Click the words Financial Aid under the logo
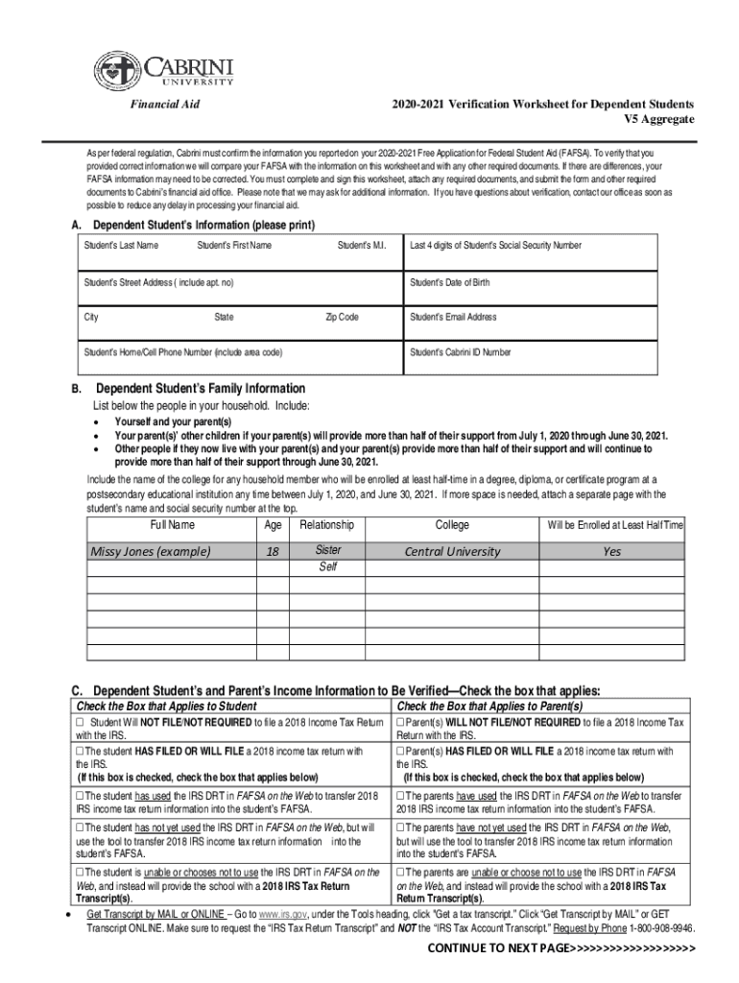[164, 104]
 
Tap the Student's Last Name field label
[122, 246]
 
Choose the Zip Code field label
[342, 317]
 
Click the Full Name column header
[173, 525]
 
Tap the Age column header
[273, 525]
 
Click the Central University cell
[452, 551]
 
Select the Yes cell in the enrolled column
[611, 551]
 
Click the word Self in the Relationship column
[327, 567]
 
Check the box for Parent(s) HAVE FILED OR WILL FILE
[402, 751]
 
